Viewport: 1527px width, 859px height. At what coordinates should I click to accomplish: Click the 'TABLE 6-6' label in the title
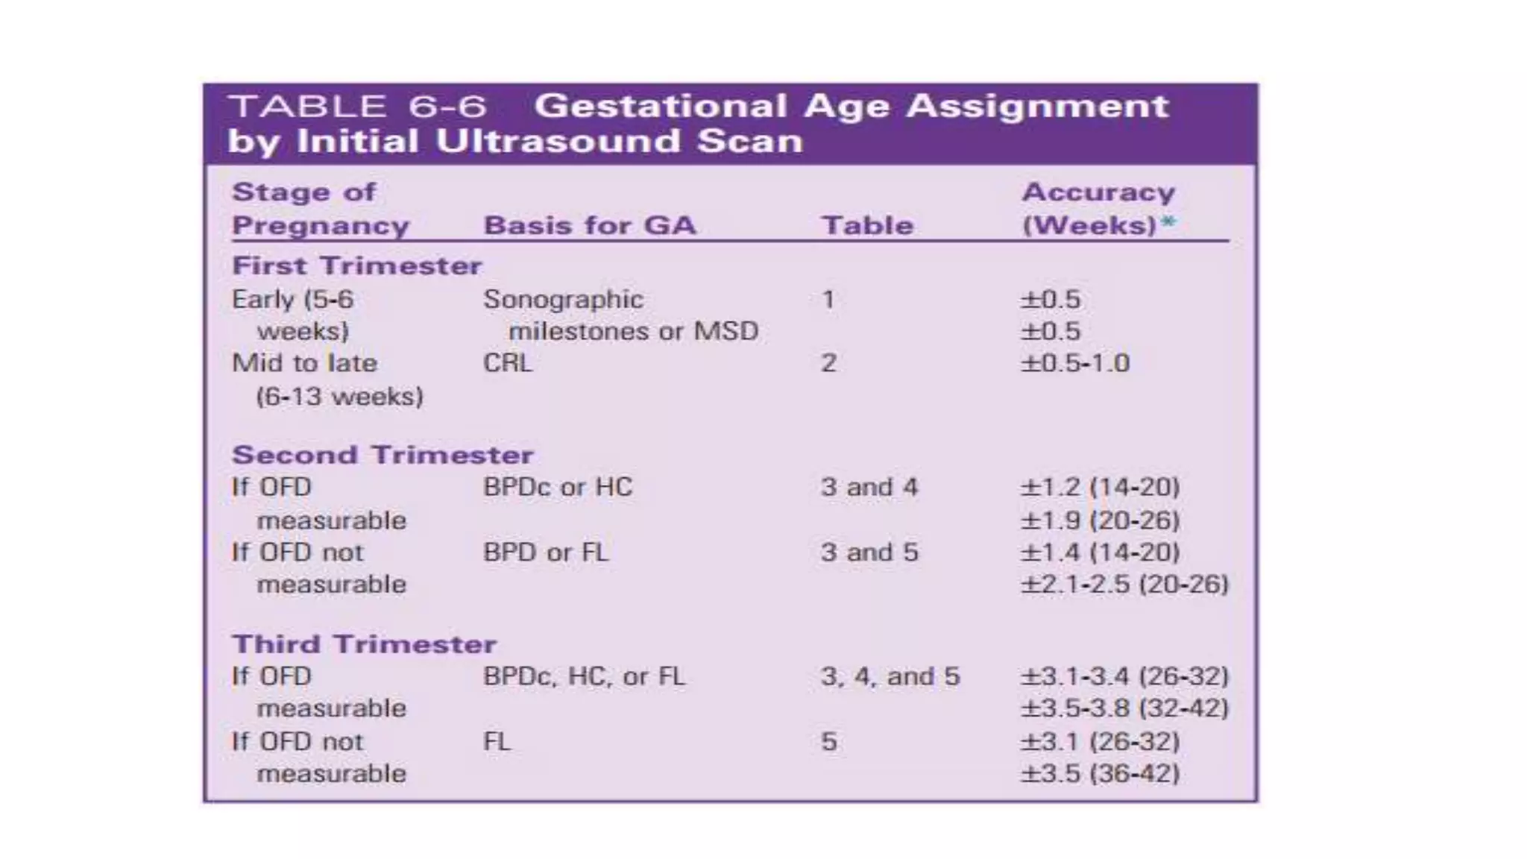tap(357, 107)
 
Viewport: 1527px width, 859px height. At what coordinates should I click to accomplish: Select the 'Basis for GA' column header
tap(589, 225)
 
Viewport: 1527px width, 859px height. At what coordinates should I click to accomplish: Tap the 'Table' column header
tap(867, 225)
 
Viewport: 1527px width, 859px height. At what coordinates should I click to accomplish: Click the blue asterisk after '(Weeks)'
tap(1168, 223)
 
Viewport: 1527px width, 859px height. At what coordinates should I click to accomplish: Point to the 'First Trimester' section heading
tap(356, 266)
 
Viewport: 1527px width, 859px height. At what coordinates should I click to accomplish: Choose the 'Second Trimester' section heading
tap(382, 455)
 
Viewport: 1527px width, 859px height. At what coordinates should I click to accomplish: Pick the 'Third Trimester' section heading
tap(363, 644)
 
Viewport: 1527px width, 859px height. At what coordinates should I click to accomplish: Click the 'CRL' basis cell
tap(507, 363)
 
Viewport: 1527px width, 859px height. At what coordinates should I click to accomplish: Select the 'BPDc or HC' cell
tap(557, 488)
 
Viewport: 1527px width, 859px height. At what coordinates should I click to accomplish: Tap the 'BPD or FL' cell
tap(545, 553)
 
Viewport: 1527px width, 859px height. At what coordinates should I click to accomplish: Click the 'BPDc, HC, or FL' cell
tap(583, 676)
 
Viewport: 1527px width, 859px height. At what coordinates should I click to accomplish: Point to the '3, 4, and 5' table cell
tap(890, 676)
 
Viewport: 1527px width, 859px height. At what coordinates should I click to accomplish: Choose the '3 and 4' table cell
tap(869, 488)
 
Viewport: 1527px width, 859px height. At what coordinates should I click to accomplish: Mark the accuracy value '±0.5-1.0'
tap(1074, 363)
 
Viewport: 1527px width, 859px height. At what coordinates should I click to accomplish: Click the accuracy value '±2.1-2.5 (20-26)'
tap(1124, 584)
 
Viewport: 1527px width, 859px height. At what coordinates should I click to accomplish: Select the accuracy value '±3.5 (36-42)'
tap(1100, 773)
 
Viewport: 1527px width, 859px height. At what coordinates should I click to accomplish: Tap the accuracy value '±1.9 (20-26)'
tap(1100, 520)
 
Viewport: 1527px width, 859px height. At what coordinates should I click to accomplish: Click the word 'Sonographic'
tap(563, 300)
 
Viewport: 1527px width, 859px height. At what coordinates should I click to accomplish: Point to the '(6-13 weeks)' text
tap(339, 396)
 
